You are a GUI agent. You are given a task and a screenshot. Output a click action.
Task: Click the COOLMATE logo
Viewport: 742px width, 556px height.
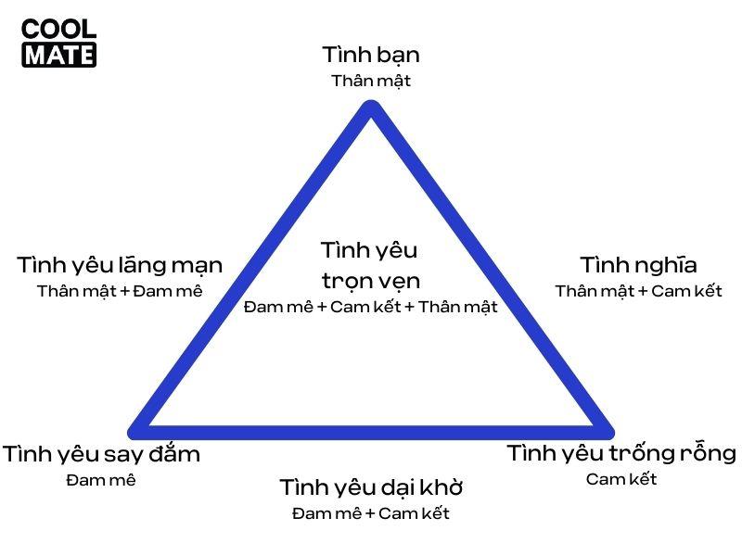pyautogui.click(x=58, y=43)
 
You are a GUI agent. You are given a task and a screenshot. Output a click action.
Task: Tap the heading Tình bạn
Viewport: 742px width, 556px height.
pyautogui.click(x=370, y=55)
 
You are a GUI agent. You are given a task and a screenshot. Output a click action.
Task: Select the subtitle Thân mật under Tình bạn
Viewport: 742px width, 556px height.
pyautogui.click(x=370, y=81)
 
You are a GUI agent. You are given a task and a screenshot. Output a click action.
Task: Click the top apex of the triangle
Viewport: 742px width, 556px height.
pyautogui.click(x=371, y=109)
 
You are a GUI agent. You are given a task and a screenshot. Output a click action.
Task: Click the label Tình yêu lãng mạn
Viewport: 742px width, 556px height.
pyautogui.click(x=120, y=265)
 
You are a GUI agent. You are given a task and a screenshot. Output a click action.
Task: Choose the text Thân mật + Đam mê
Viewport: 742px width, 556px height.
pyautogui.click(x=120, y=291)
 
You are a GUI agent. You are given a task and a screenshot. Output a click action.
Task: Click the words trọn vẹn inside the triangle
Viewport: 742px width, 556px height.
pyautogui.click(x=370, y=281)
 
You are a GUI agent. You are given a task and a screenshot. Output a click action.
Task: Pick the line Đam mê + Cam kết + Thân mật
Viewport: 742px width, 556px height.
pyautogui.click(x=370, y=307)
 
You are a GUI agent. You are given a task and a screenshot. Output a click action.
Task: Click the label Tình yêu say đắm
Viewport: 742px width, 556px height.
pyautogui.click(x=101, y=455)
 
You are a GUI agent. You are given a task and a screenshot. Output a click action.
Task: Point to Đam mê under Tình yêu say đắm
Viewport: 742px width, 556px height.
pyautogui.click(x=101, y=480)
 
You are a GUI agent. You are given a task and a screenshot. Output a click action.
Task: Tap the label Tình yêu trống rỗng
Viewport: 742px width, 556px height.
pyautogui.click(x=621, y=454)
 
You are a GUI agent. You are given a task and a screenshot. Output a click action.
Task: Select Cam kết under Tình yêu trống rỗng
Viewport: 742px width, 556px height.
pyautogui.click(x=621, y=479)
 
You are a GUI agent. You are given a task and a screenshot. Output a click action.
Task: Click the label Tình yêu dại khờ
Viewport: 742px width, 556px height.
pyautogui.click(x=370, y=487)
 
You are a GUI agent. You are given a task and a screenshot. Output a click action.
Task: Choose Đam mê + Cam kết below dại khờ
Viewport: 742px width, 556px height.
pyautogui.click(x=370, y=513)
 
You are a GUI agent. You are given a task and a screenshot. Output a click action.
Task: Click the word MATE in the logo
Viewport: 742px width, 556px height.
pyautogui.click(x=58, y=55)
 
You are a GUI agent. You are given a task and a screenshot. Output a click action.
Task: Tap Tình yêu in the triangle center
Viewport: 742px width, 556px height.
pyautogui.click(x=370, y=250)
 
